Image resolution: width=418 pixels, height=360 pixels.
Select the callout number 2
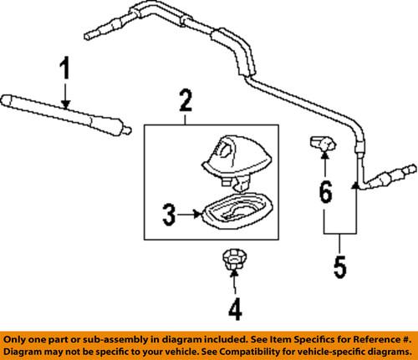(x=185, y=103)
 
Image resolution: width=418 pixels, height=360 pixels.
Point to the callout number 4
(x=234, y=310)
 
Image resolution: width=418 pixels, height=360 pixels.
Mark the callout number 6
(x=324, y=195)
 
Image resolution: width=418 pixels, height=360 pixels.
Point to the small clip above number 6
(x=323, y=144)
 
